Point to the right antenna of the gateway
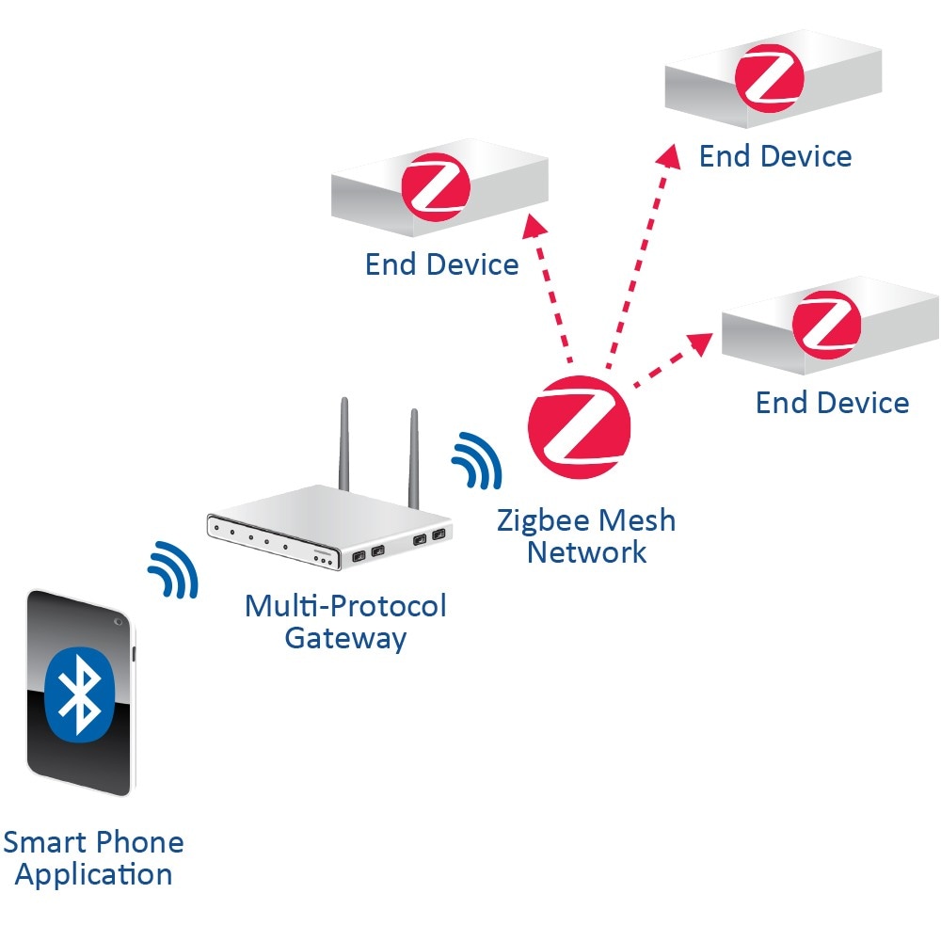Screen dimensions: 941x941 412,456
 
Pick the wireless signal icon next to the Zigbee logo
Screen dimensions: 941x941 477,461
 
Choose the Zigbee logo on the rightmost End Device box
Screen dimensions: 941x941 827,320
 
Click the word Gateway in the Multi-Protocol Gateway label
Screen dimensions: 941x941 345,638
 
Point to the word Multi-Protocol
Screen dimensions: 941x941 345,605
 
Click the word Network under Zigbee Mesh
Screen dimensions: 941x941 586,551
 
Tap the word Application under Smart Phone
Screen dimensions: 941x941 94,874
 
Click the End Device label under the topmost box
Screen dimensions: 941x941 775,156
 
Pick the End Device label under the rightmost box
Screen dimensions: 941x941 833,403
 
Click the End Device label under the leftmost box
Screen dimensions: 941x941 441,264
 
